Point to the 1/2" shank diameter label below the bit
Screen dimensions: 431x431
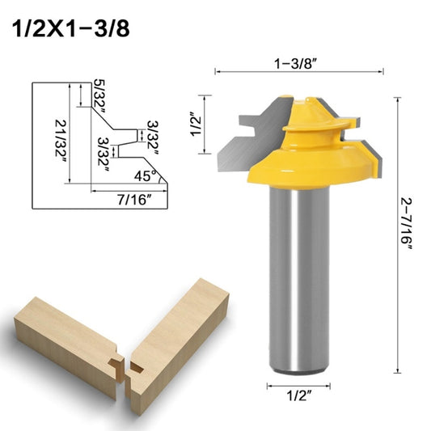pyautogui.click(x=296, y=395)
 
